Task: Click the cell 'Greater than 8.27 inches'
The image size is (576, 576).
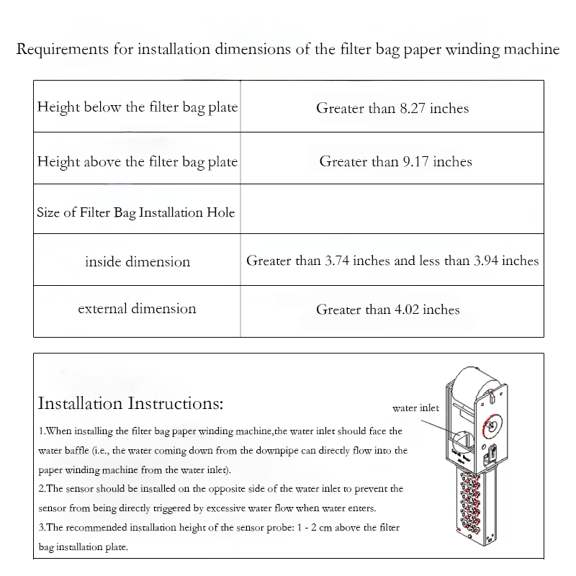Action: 392,109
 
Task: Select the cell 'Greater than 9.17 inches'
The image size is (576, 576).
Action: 395,161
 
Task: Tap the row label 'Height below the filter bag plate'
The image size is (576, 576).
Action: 137,108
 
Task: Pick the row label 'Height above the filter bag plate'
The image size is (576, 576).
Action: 137,161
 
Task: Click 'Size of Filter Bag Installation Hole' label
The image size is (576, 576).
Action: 136,213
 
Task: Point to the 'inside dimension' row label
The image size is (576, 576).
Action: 138,261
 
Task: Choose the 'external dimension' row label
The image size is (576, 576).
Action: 137,309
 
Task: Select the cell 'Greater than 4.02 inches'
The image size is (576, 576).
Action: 387,310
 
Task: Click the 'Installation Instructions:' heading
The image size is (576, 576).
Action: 130,402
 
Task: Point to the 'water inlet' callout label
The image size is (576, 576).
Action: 415,408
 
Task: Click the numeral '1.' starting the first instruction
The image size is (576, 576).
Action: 41,431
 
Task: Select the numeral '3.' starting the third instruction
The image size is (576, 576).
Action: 41,528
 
